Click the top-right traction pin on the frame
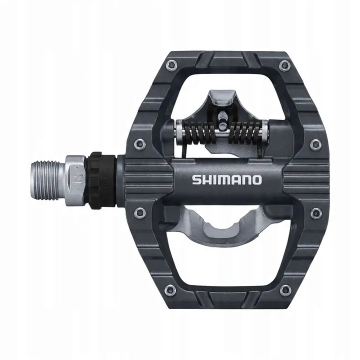(285, 64)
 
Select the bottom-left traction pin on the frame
(171, 289)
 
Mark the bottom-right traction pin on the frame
(285, 289)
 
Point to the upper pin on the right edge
(314, 144)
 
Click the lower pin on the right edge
(315, 213)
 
